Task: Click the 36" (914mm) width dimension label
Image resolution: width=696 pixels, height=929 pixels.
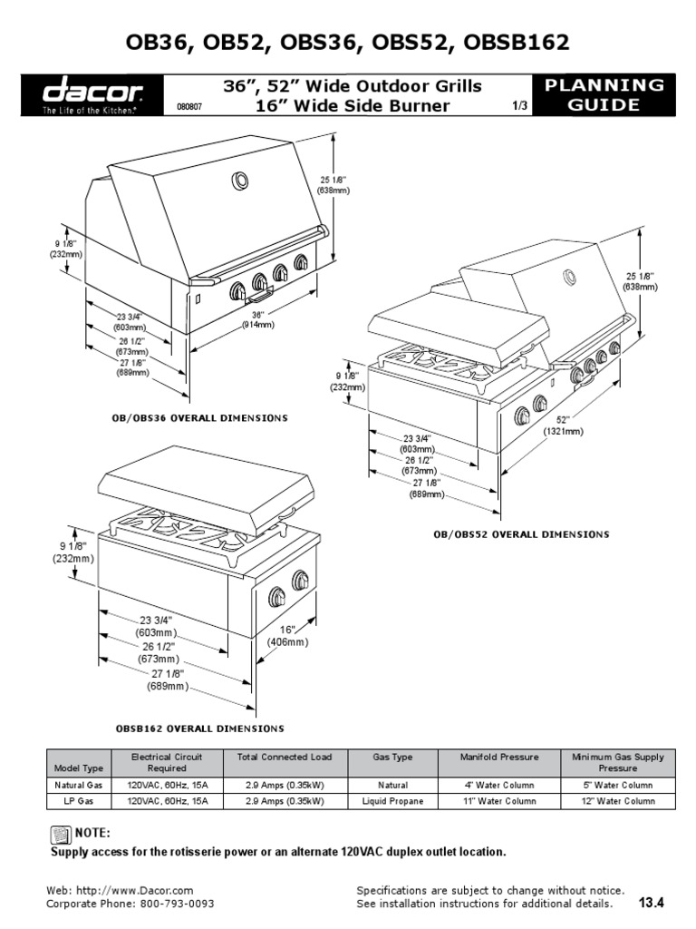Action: tap(258, 319)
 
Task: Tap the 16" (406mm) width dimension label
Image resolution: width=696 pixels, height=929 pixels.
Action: tap(287, 635)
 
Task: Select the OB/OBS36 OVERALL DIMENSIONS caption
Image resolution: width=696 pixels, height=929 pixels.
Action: tap(198, 418)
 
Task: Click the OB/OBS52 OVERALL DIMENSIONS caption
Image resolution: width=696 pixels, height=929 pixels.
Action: tap(521, 534)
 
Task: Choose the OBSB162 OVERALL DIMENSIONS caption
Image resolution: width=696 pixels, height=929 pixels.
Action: tap(199, 729)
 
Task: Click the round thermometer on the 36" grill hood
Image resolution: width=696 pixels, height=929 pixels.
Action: tap(241, 182)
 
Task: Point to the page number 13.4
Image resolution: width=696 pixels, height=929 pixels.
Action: tap(652, 903)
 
